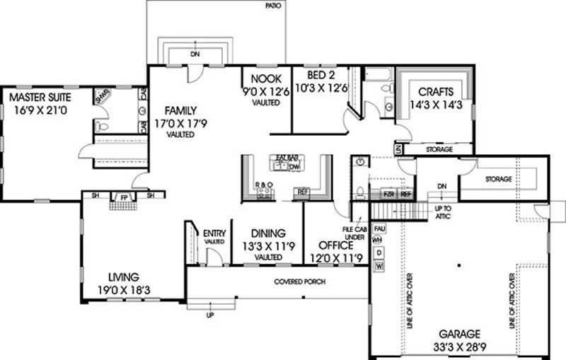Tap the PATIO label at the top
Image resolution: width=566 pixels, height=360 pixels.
pyautogui.click(x=273, y=6)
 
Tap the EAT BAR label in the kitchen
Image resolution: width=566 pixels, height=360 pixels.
pyautogui.click(x=287, y=158)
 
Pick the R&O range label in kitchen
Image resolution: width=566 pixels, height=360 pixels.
pyautogui.click(x=263, y=185)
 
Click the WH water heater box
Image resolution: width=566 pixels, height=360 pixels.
pyautogui.click(x=379, y=240)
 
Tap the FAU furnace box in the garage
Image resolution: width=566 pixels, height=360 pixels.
pyautogui.click(x=379, y=229)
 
